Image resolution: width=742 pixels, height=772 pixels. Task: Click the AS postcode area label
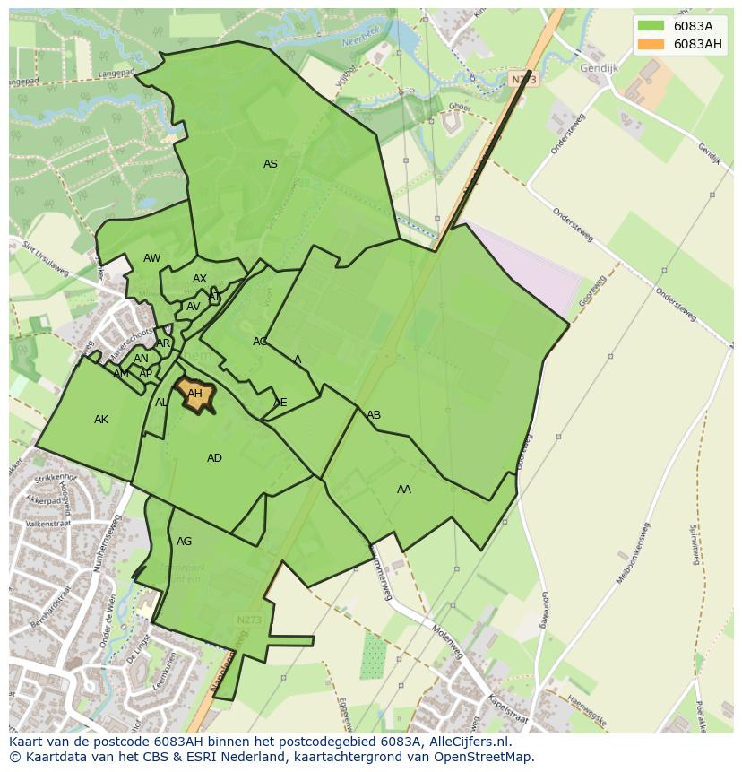pyautogui.click(x=270, y=164)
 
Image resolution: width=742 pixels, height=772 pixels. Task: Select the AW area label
pyautogui.click(x=151, y=258)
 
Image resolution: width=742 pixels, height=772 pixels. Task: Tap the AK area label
pyautogui.click(x=101, y=420)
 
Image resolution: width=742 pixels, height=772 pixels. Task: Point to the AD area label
pyautogui.click(x=214, y=458)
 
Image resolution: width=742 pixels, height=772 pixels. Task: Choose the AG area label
pyautogui.click(x=184, y=542)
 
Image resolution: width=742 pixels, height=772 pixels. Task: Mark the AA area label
pyautogui.click(x=403, y=490)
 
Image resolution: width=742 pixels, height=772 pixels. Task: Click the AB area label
pyautogui.click(x=374, y=415)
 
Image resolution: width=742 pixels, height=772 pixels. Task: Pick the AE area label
pyautogui.click(x=280, y=403)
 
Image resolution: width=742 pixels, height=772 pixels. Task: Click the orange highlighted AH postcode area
pyautogui.click(x=195, y=394)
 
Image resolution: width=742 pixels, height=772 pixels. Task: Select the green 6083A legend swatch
pyautogui.click(x=651, y=26)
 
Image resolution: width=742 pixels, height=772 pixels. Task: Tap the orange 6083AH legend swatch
pyautogui.click(x=651, y=44)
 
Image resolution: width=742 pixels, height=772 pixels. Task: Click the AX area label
pyautogui.click(x=199, y=279)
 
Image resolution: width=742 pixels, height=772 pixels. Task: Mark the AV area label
pyautogui.click(x=193, y=307)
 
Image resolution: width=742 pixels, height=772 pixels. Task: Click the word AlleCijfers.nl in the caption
pyautogui.click(x=465, y=742)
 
